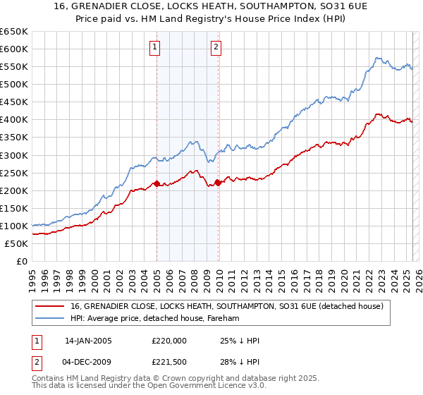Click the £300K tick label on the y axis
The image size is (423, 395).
(13, 155)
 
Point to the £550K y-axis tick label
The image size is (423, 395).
(13, 66)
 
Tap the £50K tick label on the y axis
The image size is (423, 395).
(16, 243)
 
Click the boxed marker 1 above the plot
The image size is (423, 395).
(154, 48)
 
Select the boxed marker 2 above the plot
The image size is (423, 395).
(216, 48)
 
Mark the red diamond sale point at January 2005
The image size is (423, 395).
(157, 183)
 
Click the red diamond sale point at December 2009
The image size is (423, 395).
(218, 183)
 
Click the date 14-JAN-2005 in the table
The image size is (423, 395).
(88, 340)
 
